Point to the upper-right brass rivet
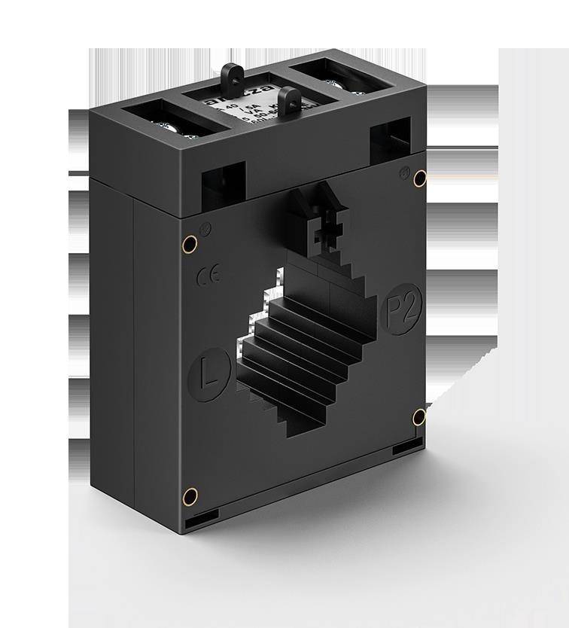[420, 178]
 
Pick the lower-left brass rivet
[190, 495]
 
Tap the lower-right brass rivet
[419, 416]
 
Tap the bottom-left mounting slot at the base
[202, 518]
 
